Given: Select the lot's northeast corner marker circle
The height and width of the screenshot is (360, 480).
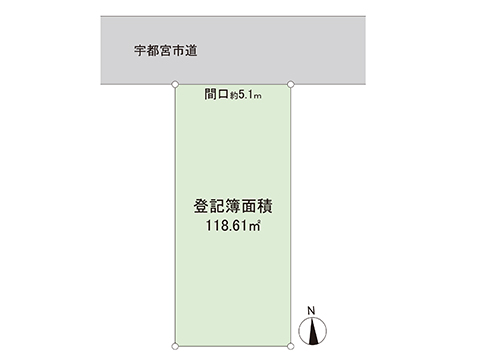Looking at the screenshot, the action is point(290,85).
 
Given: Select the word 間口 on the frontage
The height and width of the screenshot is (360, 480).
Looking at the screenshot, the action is point(214,95).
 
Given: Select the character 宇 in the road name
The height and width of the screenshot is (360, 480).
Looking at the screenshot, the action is point(140,48).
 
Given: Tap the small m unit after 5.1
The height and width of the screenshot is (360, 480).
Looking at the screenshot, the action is point(258,97).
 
